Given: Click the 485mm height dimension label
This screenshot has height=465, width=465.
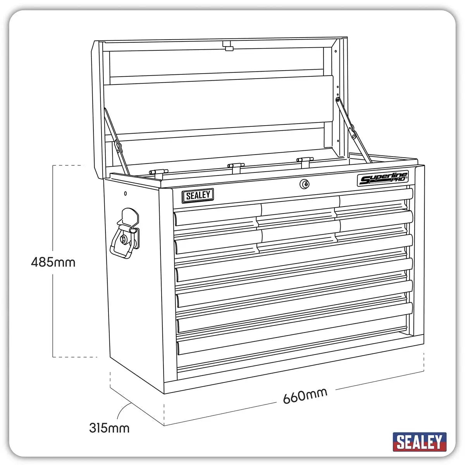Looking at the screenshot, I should click(x=53, y=262).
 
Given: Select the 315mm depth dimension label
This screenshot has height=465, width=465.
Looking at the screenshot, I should click(x=109, y=428).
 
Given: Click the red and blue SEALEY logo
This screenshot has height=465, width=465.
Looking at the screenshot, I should click(x=419, y=442).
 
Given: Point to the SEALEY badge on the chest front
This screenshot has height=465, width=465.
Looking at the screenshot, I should click(x=198, y=195).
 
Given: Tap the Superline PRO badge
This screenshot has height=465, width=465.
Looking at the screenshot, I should click(x=382, y=179).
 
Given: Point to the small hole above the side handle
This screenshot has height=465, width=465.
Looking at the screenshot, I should click(x=125, y=193).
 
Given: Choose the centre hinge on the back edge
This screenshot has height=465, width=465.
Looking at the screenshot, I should click(x=236, y=166).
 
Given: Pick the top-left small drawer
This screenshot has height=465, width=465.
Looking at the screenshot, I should click(x=215, y=215).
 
